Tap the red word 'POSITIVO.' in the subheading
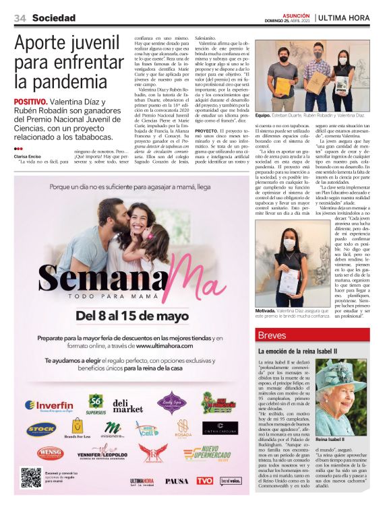(30, 102)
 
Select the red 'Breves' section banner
(312, 335)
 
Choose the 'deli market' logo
(128, 405)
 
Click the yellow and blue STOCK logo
(41, 429)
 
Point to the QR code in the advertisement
(31, 477)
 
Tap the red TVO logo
(204, 480)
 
